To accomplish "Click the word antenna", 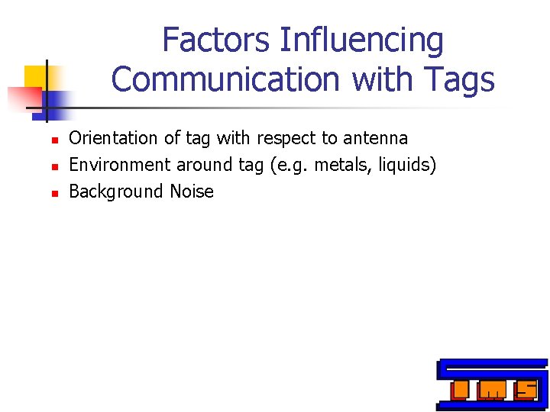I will [x=375, y=138].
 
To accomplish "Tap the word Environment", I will [x=120, y=165].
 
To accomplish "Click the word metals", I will [x=329, y=165].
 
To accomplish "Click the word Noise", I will [x=192, y=192].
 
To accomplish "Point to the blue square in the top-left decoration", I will [x=57, y=100].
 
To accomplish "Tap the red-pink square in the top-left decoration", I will [x=23, y=96].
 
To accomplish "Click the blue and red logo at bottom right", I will [x=492, y=385].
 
